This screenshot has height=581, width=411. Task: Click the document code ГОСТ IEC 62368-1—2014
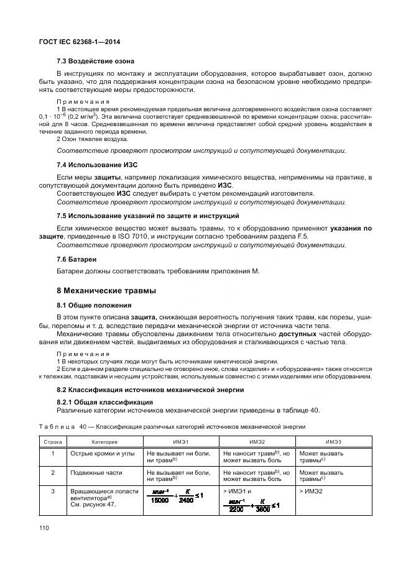point(80,42)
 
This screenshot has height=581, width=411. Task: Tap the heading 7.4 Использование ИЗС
point(97,165)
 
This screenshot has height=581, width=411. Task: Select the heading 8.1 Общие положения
point(94,305)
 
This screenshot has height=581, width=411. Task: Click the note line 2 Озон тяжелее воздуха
point(93,139)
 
